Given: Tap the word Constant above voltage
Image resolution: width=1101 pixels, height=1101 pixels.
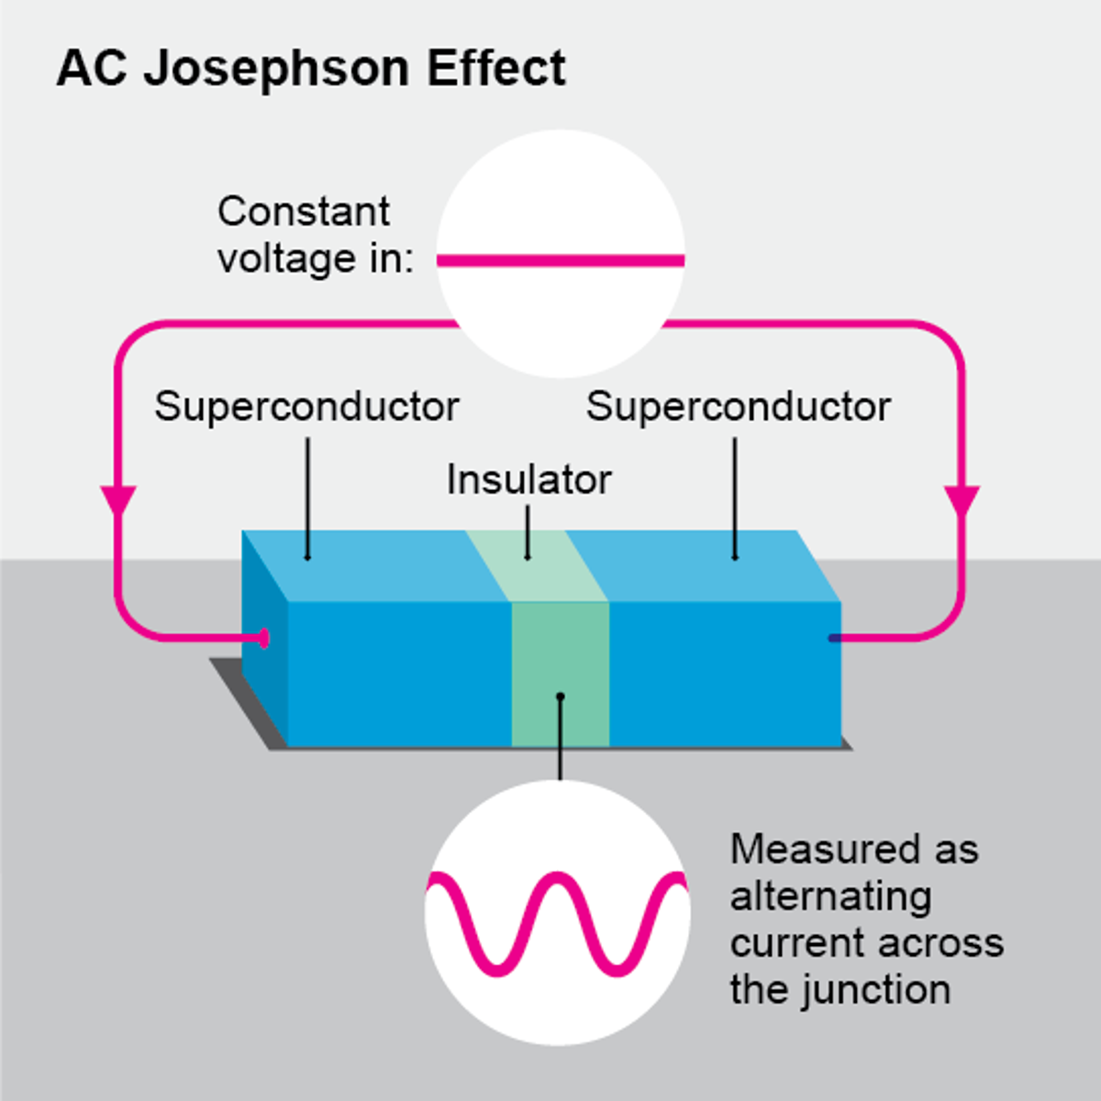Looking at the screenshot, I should [x=304, y=212].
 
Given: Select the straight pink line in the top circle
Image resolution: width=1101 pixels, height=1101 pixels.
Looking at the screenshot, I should [x=561, y=261].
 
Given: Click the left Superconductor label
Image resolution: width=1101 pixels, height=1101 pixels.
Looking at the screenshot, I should [x=306, y=406].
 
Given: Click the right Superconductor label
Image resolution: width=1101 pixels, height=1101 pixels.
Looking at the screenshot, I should [x=739, y=406].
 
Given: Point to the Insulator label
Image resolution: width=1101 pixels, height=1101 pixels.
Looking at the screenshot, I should [x=528, y=480].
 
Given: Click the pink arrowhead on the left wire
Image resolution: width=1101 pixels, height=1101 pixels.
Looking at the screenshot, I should [x=117, y=501].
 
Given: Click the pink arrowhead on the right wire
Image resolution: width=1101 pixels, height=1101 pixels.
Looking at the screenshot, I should [x=962, y=501].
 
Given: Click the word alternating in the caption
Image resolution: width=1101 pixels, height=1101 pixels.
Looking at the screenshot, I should [x=830, y=896].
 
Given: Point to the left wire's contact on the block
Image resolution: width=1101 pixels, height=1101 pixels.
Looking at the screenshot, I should [x=264, y=638].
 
